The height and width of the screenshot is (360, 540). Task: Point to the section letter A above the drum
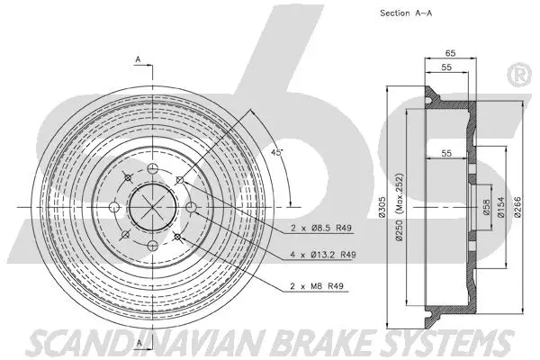pos(138,59)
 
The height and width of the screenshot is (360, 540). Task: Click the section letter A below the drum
pos(139,349)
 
